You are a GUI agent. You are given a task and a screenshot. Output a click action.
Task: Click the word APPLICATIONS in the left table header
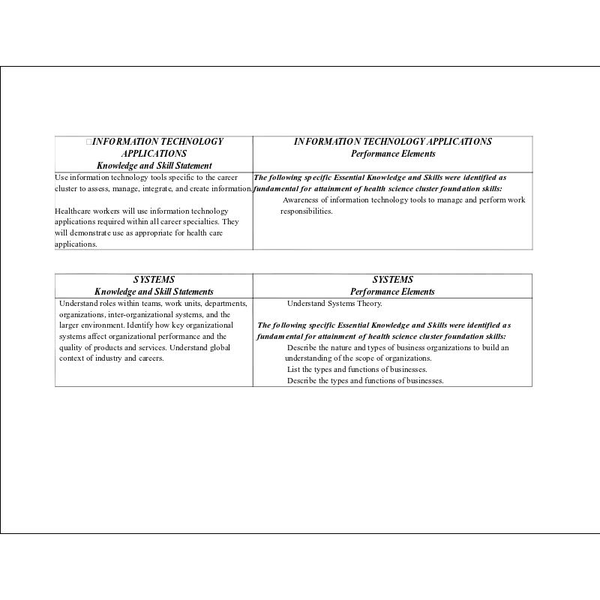154,153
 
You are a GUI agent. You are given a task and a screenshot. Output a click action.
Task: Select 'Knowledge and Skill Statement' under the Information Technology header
154,165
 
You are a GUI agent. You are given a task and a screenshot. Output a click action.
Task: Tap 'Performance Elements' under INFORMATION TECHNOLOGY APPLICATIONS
392,153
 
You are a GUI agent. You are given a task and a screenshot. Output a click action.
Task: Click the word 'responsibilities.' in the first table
306,211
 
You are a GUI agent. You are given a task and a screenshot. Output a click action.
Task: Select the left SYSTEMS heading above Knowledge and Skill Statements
154,280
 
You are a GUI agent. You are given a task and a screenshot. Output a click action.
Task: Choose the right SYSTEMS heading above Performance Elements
392,280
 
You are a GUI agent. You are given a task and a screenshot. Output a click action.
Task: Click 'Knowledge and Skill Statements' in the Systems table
154,292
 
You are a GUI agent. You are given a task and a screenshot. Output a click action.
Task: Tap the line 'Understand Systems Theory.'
334,304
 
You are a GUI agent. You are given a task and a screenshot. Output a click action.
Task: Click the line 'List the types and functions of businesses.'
357,369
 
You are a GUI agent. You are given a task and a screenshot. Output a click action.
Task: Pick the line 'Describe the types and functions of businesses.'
365,380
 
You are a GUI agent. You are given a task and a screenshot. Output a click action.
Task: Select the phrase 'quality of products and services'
112,347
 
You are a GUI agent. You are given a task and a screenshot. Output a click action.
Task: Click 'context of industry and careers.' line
112,358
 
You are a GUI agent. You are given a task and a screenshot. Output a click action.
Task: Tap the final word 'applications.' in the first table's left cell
76,244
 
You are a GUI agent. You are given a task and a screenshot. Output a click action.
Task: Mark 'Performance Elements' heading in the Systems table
392,292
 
